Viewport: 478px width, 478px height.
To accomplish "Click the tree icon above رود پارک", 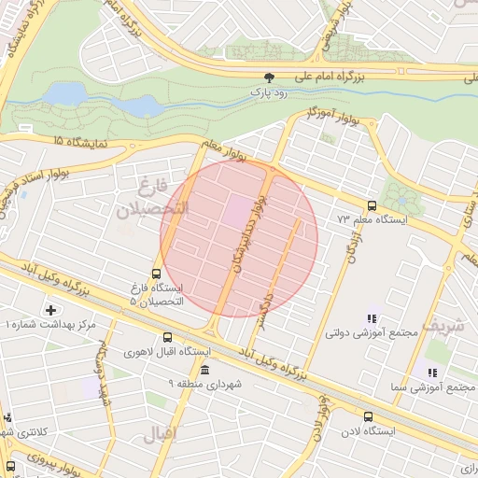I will tap(269, 78).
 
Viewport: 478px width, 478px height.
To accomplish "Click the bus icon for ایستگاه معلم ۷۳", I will tap(373, 205).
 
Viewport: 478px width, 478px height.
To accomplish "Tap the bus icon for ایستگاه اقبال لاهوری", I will tap(167, 338).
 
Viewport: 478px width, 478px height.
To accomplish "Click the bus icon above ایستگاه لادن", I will tap(368, 416).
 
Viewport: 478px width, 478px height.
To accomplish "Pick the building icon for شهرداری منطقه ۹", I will tap(205, 370).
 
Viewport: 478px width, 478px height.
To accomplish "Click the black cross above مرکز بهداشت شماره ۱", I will tap(50, 309).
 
